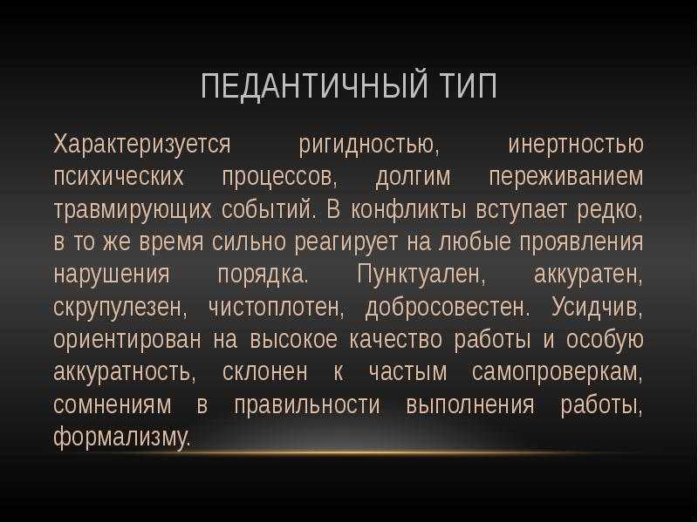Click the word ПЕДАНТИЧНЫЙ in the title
click(x=316, y=85)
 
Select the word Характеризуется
click(x=142, y=145)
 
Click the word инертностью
click(x=576, y=145)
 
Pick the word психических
click(x=119, y=178)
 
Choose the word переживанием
click(x=566, y=178)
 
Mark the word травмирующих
click(x=133, y=210)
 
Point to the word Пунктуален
click(x=421, y=275)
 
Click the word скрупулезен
click(x=120, y=308)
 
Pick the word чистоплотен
click(x=276, y=308)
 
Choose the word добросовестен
click(x=448, y=308)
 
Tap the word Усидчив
click(x=597, y=308)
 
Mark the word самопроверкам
click(x=558, y=373)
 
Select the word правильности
click(x=307, y=405)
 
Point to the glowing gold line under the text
click(x=392, y=453)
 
